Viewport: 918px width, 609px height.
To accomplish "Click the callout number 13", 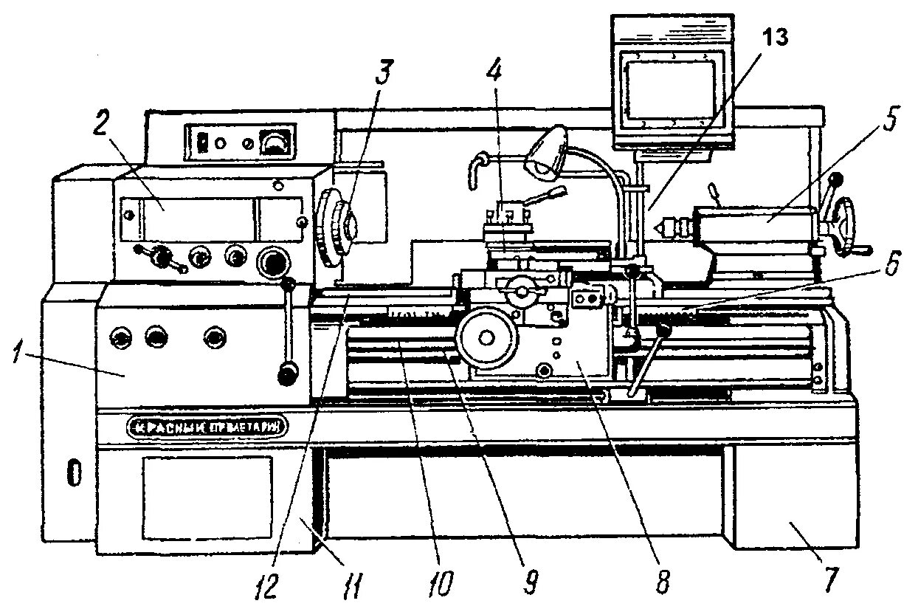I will [x=776, y=38].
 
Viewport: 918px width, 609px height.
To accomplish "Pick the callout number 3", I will [x=385, y=72].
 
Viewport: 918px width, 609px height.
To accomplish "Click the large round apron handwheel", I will [x=486, y=338].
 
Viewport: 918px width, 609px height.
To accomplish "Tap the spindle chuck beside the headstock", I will [x=337, y=229].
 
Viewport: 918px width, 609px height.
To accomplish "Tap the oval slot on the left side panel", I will [x=73, y=472].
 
